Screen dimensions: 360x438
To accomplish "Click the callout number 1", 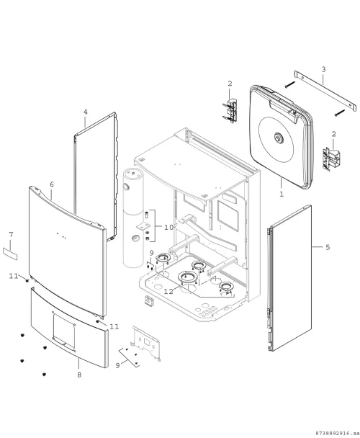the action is pyautogui.click(x=282, y=194).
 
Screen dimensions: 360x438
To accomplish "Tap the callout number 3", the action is pyautogui.click(x=323, y=69).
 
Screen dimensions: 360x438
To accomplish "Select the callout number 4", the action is pyautogui.click(x=86, y=112).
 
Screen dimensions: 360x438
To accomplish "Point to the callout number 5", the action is pyautogui.click(x=328, y=247).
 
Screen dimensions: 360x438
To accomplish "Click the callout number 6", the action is pyautogui.click(x=52, y=184).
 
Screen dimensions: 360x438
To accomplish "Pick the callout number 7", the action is pyautogui.click(x=11, y=234).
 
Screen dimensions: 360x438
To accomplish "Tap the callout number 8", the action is pyautogui.click(x=79, y=375).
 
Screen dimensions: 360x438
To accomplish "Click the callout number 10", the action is pyautogui.click(x=168, y=228).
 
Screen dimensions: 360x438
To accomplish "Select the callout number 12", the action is pyautogui.click(x=168, y=291).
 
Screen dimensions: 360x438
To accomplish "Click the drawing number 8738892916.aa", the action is pyautogui.click(x=337, y=433).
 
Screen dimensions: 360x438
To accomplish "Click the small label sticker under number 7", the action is pyautogui.click(x=10, y=254).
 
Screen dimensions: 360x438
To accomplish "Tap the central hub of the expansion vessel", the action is pyautogui.click(x=279, y=138).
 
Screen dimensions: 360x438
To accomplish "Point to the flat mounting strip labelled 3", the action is pyautogui.click(x=325, y=91).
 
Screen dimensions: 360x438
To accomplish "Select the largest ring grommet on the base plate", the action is pyautogui.click(x=188, y=277).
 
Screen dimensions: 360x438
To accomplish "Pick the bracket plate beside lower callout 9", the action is pyautogui.click(x=146, y=343).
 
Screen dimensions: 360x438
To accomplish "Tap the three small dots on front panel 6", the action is pyautogui.click(x=61, y=236).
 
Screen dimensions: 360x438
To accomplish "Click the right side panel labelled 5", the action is pyautogui.click(x=290, y=278).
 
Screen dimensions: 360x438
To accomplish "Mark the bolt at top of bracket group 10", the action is pyautogui.click(x=147, y=215).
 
